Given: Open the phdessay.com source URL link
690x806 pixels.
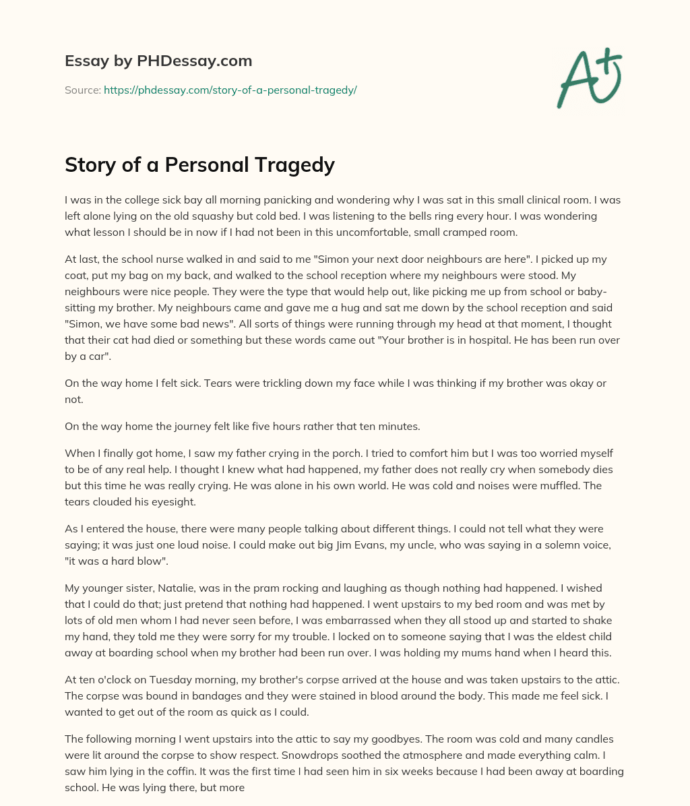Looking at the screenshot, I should pos(230,90).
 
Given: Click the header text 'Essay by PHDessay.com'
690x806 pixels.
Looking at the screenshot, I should pos(158,61).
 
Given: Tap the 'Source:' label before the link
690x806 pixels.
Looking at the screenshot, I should pos(82,90).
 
